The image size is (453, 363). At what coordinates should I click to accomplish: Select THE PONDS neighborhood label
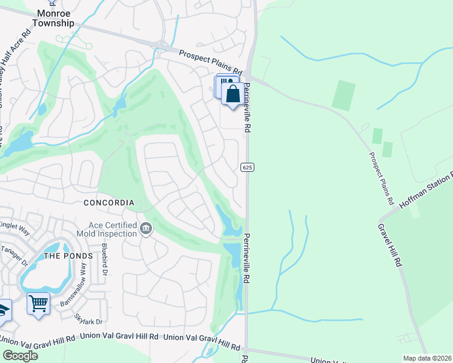pyautogui.click(x=69, y=256)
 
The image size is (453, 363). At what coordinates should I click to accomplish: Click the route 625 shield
pyautogui.click(x=246, y=166)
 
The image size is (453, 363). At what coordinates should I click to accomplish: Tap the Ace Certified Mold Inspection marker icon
pyautogui.click(x=146, y=229)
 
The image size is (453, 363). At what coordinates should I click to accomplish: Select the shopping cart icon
pyautogui.click(x=38, y=302)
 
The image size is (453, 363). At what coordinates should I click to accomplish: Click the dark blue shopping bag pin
pyautogui.click(x=233, y=94)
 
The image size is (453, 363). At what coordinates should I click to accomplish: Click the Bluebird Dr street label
pyautogui.click(x=104, y=255)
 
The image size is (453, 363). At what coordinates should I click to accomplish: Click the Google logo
pyautogui.click(x=20, y=355)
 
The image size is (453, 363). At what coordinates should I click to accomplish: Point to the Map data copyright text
pyautogui.click(x=428, y=358)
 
